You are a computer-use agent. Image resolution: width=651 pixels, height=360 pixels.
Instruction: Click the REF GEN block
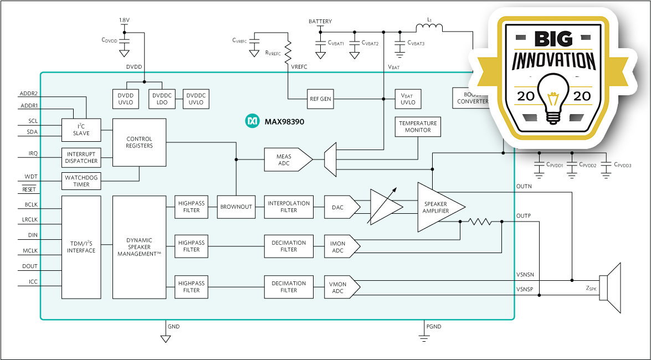(x=320, y=99)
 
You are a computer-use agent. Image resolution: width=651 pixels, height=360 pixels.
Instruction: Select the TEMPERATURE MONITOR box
(x=418, y=127)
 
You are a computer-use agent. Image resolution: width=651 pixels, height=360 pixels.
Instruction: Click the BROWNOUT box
(x=236, y=207)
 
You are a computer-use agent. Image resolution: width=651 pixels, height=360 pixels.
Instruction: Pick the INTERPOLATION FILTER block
(x=289, y=207)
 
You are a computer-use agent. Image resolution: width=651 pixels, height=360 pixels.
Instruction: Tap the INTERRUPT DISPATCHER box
(x=81, y=157)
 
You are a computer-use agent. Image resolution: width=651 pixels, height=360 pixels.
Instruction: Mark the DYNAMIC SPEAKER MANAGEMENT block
(x=139, y=247)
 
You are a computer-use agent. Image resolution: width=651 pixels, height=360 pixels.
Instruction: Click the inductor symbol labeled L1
(x=429, y=28)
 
